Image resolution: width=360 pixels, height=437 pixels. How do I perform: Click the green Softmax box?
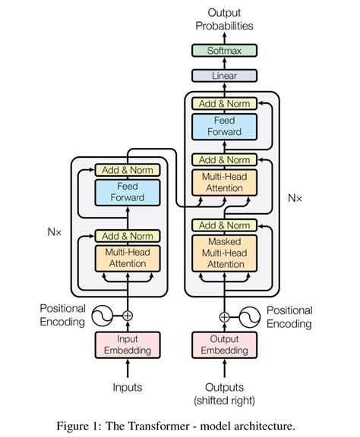click(x=223, y=51)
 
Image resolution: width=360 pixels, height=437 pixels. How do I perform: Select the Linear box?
click(x=223, y=76)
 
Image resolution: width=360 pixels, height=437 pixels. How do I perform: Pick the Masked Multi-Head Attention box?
click(x=224, y=253)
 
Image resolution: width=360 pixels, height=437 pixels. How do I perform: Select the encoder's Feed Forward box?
click(x=128, y=192)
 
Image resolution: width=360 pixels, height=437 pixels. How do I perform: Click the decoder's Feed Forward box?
click(x=224, y=126)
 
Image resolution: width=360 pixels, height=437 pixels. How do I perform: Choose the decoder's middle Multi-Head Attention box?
click(x=224, y=183)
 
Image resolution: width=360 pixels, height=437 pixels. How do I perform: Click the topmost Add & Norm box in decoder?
click(x=224, y=103)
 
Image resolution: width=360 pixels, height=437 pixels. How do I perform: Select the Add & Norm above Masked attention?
click(x=224, y=225)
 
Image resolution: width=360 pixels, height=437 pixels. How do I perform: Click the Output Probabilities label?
click(x=223, y=19)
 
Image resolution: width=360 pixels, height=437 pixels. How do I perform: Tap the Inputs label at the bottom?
click(x=128, y=388)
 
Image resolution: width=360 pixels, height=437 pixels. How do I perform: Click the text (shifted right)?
click(x=224, y=400)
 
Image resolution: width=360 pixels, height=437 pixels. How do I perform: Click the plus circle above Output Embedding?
click(x=224, y=317)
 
